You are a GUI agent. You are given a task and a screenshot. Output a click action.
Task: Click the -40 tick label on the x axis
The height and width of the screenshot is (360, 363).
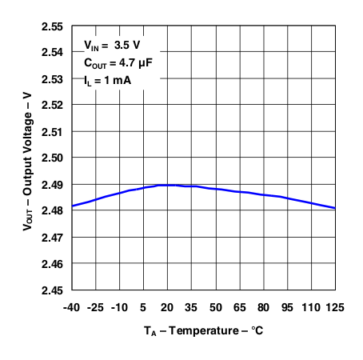[x=72, y=306]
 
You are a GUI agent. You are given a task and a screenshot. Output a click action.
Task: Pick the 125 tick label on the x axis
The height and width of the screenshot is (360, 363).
[x=335, y=306]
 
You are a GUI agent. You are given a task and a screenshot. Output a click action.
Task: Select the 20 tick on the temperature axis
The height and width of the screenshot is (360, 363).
[x=168, y=306]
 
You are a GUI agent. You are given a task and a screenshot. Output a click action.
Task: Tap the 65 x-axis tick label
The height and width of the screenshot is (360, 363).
[x=239, y=306]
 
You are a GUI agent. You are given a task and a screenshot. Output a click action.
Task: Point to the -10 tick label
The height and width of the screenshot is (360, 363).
[x=120, y=306]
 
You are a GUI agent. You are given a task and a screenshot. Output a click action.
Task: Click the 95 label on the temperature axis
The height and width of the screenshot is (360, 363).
[x=287, y=306]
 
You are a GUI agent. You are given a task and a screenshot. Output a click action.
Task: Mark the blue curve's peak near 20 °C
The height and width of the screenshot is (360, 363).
[x=168, y=185]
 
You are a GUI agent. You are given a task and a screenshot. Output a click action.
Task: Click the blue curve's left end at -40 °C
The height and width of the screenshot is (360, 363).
[x=73, y=206]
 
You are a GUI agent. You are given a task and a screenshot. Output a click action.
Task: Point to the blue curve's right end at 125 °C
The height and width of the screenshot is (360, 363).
[x=335, y=208]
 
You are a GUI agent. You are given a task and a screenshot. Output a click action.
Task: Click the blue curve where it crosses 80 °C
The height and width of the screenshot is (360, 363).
[x=263, y=194]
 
